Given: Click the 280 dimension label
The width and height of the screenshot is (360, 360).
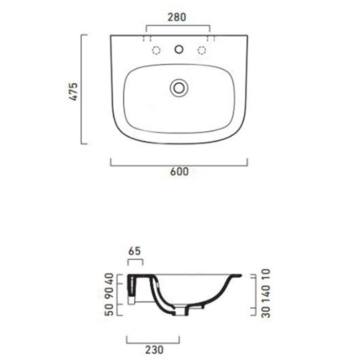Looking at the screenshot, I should [x=177, y=16].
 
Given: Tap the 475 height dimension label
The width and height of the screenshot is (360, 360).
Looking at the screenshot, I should [x=74, y=91].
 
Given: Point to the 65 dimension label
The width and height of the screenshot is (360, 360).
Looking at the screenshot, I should [x=134, y=253].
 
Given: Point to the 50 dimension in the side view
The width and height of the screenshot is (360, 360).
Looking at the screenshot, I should [x=109, y=311].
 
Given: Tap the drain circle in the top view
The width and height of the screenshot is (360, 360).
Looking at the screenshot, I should [x=178, y=88].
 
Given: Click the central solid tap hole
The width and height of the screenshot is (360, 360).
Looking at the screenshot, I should [x=178, y=50].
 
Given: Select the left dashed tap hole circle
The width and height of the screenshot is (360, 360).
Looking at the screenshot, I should [x=156, y=50].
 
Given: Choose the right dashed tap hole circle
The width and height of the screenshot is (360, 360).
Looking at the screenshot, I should [x=202, y=50].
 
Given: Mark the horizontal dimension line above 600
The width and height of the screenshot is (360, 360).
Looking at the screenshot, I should [x=179, y=165].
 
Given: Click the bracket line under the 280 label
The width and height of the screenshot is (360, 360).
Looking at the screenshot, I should [x=178, y=25].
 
